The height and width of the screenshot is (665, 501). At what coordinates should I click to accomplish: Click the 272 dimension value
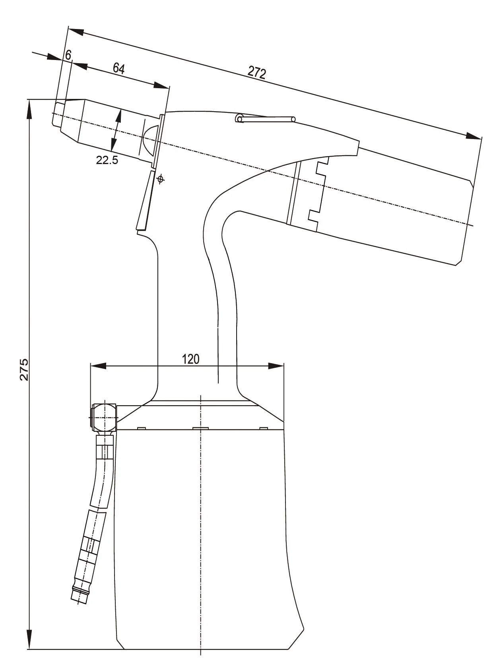click(x=256, y=72)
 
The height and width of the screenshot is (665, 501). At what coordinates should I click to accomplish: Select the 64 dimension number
click(x=118, y=68)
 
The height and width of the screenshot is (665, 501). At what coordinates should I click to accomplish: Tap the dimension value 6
click(x=68, y=55)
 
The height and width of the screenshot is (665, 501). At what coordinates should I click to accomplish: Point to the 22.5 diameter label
click(x=107, y=160)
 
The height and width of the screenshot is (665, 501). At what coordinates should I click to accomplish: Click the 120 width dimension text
click(x=190, y=359)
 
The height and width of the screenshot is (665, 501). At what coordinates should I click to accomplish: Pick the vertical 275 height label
click(x=24, y=369)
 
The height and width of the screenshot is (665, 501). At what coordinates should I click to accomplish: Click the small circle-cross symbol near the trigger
click(x=160, y=179)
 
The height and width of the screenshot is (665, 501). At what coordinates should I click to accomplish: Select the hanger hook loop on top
click(x=240, y=118)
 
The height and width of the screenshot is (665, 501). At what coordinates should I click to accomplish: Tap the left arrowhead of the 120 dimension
click(x=98, y=365)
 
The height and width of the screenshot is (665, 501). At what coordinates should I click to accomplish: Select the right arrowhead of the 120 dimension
click(x=276, y=365)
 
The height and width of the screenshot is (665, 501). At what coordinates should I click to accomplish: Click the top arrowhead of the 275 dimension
click(x=29, y=109)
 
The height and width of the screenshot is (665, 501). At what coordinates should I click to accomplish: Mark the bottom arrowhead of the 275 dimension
click(x=29, y=640)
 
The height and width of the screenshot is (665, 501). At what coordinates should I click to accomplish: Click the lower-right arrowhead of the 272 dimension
click(x=473, y=136)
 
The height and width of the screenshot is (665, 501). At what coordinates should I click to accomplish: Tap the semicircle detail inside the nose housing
click(x=150, y=137)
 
